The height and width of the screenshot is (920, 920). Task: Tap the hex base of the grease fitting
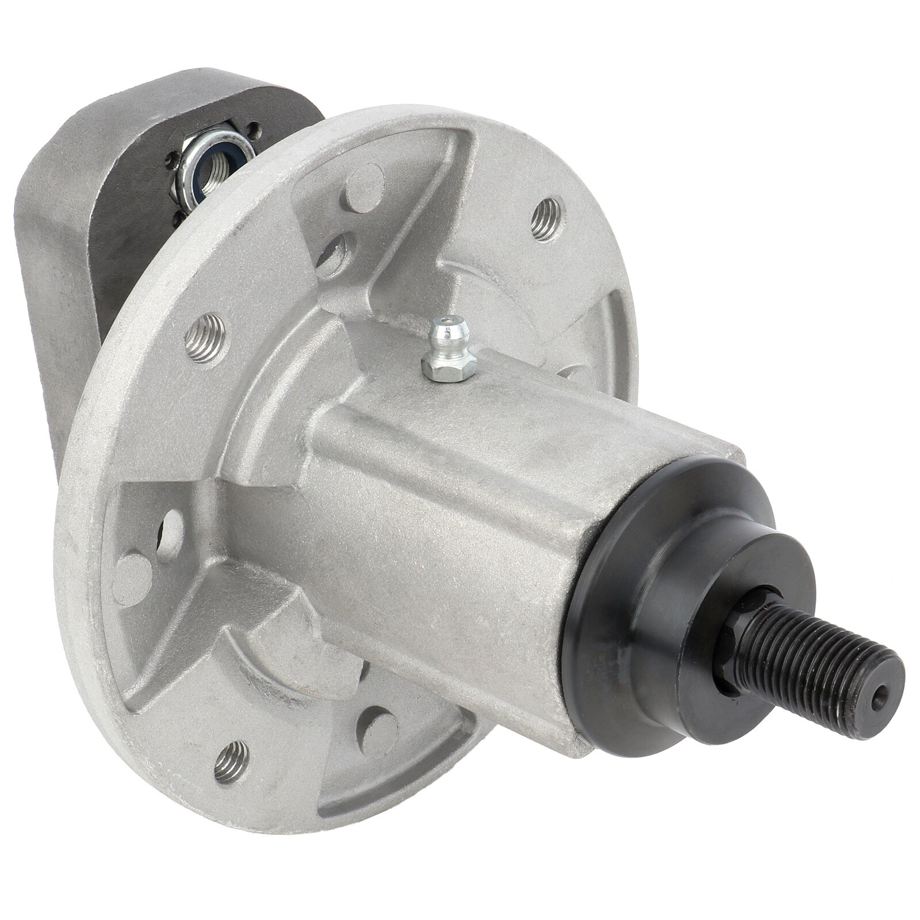pos(448,366)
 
